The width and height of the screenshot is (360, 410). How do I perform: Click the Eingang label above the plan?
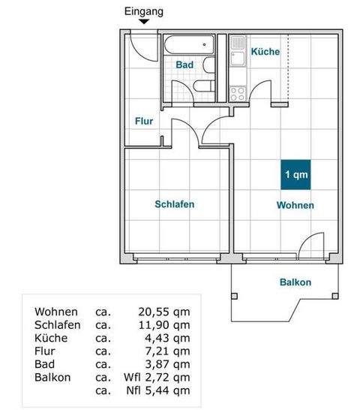144,11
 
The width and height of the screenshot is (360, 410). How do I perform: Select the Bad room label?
184,65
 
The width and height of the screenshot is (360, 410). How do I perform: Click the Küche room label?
265,52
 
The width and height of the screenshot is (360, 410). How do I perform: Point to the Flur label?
144,121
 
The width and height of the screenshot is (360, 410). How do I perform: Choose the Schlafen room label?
175,204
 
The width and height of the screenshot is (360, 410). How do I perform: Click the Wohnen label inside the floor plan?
295,205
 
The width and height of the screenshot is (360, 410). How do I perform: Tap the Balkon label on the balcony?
295,282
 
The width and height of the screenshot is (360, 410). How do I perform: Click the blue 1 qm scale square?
295,175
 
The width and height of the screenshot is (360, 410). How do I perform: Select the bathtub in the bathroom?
190,44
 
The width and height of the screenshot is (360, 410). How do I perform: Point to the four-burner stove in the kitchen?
238,93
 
